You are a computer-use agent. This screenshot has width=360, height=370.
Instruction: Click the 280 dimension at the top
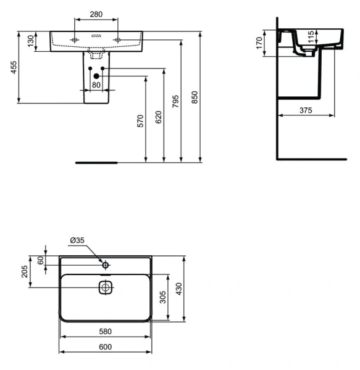(95, 13)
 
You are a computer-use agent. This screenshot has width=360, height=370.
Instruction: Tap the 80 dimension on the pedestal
(96, 85)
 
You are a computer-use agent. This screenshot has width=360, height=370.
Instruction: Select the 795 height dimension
(176, 101)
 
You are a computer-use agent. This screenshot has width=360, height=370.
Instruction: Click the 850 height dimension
(195, 97)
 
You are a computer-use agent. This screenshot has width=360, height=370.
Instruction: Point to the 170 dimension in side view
(261, 43)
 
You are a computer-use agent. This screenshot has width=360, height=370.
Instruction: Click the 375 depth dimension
(306, 110)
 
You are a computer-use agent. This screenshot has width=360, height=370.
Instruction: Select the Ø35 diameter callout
(77, 240)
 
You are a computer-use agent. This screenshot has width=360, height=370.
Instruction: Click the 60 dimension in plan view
(41, 260)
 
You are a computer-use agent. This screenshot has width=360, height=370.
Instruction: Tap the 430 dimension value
(180, 289)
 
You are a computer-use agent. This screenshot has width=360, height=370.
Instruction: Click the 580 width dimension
(104, 331)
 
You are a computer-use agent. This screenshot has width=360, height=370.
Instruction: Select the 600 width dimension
(104, 347)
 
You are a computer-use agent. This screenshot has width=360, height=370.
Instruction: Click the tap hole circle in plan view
(106, 265)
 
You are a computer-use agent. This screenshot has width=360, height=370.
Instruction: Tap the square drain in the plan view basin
(106, 287)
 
